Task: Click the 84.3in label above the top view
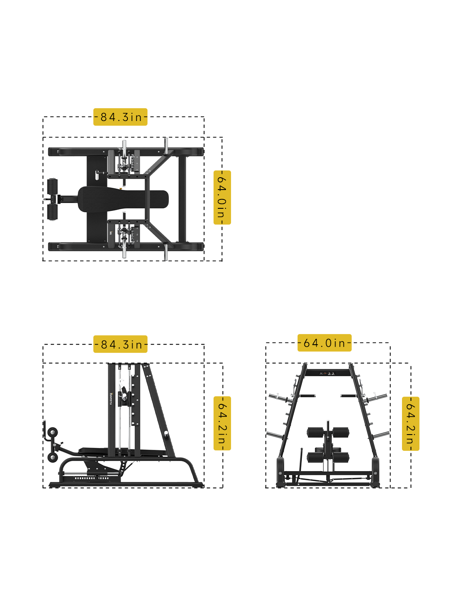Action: tap(120, 117)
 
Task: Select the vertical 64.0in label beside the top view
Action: tap(222, 197)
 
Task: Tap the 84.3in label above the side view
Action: tap(120, 344)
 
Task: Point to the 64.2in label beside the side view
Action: tap(222, 423)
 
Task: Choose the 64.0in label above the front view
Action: tap(324, 343)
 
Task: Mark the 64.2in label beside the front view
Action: tap(411, 423)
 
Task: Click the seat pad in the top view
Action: tap(123, 199)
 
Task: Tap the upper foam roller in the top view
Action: tap(52, 187)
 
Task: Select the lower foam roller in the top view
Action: tap(52, 212)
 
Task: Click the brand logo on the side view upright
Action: tap(111, 398)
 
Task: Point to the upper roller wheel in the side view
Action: tap(52, 432)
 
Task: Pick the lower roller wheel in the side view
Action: tap(52, 458)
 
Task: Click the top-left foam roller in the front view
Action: tap(315, 432)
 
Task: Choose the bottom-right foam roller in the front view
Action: tap(341, 457)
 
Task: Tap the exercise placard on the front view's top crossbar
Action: tap(327, 374)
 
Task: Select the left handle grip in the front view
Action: tap(307, 396)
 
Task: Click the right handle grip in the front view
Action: tap(348, 396)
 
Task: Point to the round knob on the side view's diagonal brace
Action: tap(166, 435)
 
